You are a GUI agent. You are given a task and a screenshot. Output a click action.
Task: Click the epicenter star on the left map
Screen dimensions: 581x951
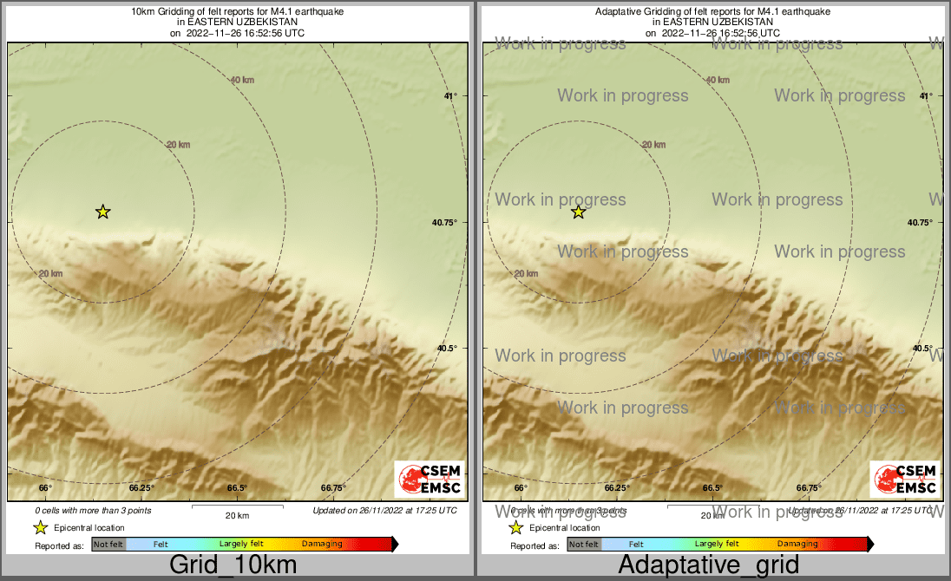click(103, 212)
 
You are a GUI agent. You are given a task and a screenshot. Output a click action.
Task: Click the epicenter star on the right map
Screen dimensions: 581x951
click(579, 212)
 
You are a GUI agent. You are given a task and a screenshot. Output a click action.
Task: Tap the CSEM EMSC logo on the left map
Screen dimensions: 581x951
click(429, 480)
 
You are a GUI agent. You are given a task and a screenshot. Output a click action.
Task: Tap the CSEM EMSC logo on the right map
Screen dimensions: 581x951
click(904, 480)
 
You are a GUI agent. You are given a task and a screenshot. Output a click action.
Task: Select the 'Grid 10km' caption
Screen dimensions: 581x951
click(233, 565)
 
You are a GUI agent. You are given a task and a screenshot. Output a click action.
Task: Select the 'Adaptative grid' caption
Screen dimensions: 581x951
click(708, 565)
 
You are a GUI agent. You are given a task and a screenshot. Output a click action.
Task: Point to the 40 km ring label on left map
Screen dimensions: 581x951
click(242, 80)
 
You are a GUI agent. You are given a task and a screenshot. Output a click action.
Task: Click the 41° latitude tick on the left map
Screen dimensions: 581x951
click(450, 96)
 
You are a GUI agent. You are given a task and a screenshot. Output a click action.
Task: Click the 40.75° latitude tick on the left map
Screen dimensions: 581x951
click(445, 223)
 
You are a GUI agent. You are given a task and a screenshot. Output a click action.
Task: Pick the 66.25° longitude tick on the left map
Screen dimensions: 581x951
click(141, 488)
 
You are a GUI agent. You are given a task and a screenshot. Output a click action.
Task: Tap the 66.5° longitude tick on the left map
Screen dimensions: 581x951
click(237, 488)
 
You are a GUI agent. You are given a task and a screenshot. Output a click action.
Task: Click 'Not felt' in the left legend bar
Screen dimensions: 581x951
click(108, 545)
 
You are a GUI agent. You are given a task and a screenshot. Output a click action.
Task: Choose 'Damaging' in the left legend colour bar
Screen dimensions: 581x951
click(322, 545)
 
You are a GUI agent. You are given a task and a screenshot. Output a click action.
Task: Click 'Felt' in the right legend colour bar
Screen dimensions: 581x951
click(636, 545)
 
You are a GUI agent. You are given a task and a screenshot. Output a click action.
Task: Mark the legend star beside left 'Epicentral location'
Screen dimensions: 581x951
click(40, 527)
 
